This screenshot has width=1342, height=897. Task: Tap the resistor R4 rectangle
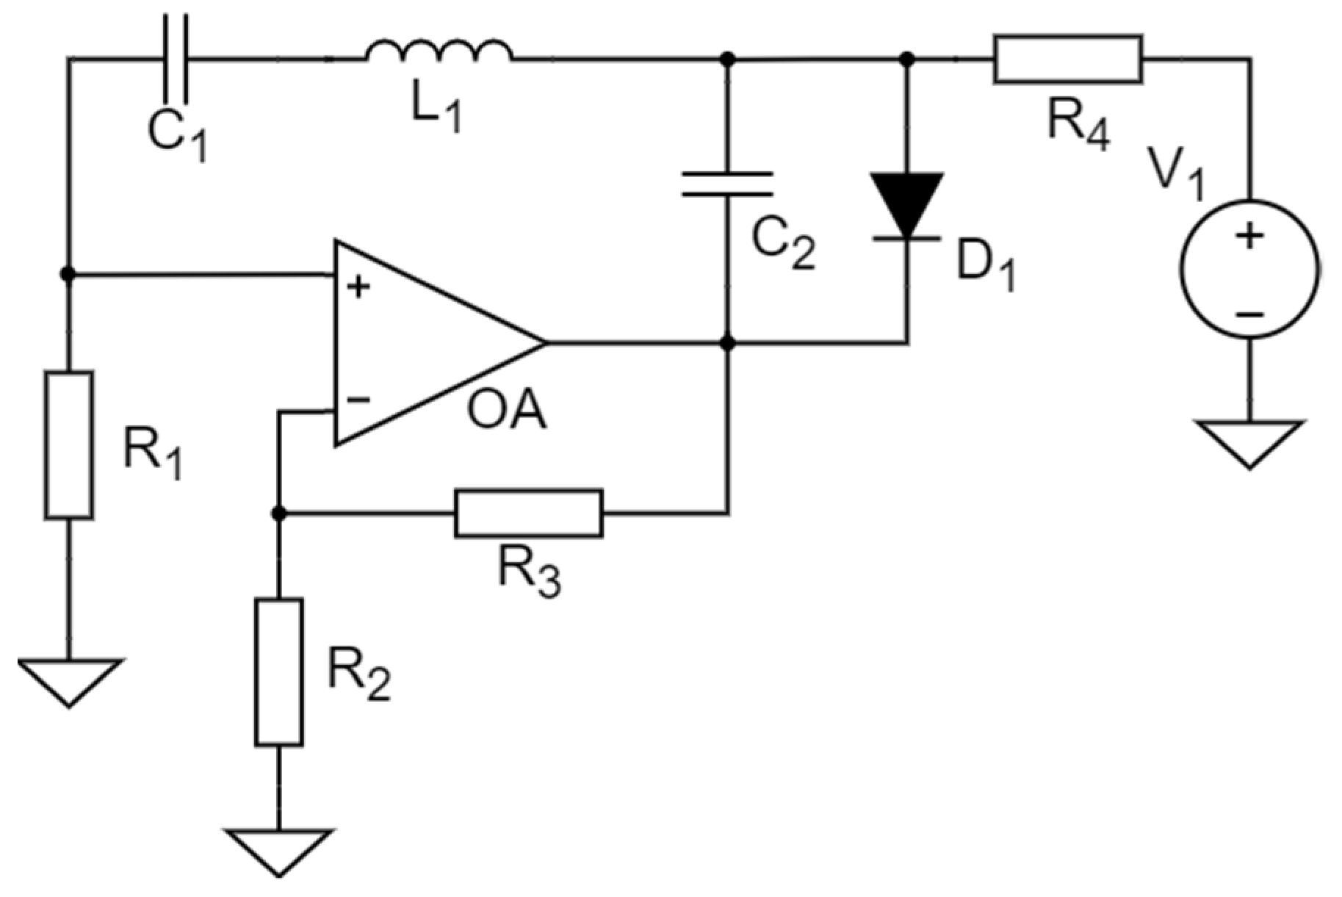(1067, 58)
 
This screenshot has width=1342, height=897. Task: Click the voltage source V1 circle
(1249, 269)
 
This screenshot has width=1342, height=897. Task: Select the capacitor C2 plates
(727, 184)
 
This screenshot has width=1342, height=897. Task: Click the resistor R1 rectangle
(69, 445)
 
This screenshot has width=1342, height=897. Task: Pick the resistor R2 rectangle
(278, 672)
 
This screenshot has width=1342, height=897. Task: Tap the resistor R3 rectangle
(528, 514)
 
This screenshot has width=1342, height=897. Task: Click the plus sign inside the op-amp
(358, 287)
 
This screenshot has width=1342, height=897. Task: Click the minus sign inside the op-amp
(358, 400)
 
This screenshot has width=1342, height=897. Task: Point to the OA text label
(506, 411)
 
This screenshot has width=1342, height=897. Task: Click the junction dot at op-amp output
(727, 343)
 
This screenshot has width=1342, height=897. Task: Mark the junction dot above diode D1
(907, 58)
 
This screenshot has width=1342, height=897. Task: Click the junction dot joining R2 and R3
(278, 514)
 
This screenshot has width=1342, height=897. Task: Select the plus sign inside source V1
(1249, 237)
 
